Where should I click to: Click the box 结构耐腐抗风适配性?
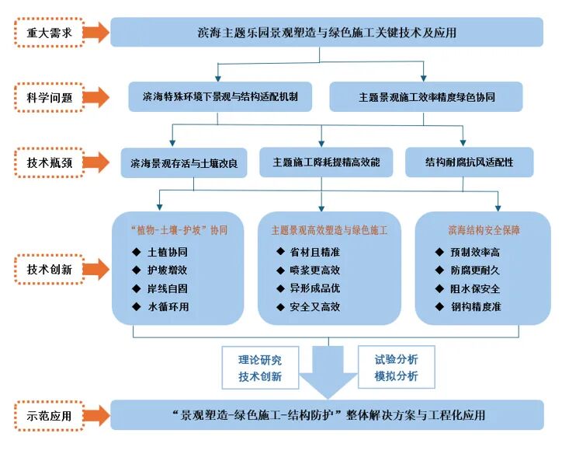point(469,163)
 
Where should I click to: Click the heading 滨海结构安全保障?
point(484,231)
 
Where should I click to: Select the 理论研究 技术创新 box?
point(260,368)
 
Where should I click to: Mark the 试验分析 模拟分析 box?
point(396,368)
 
